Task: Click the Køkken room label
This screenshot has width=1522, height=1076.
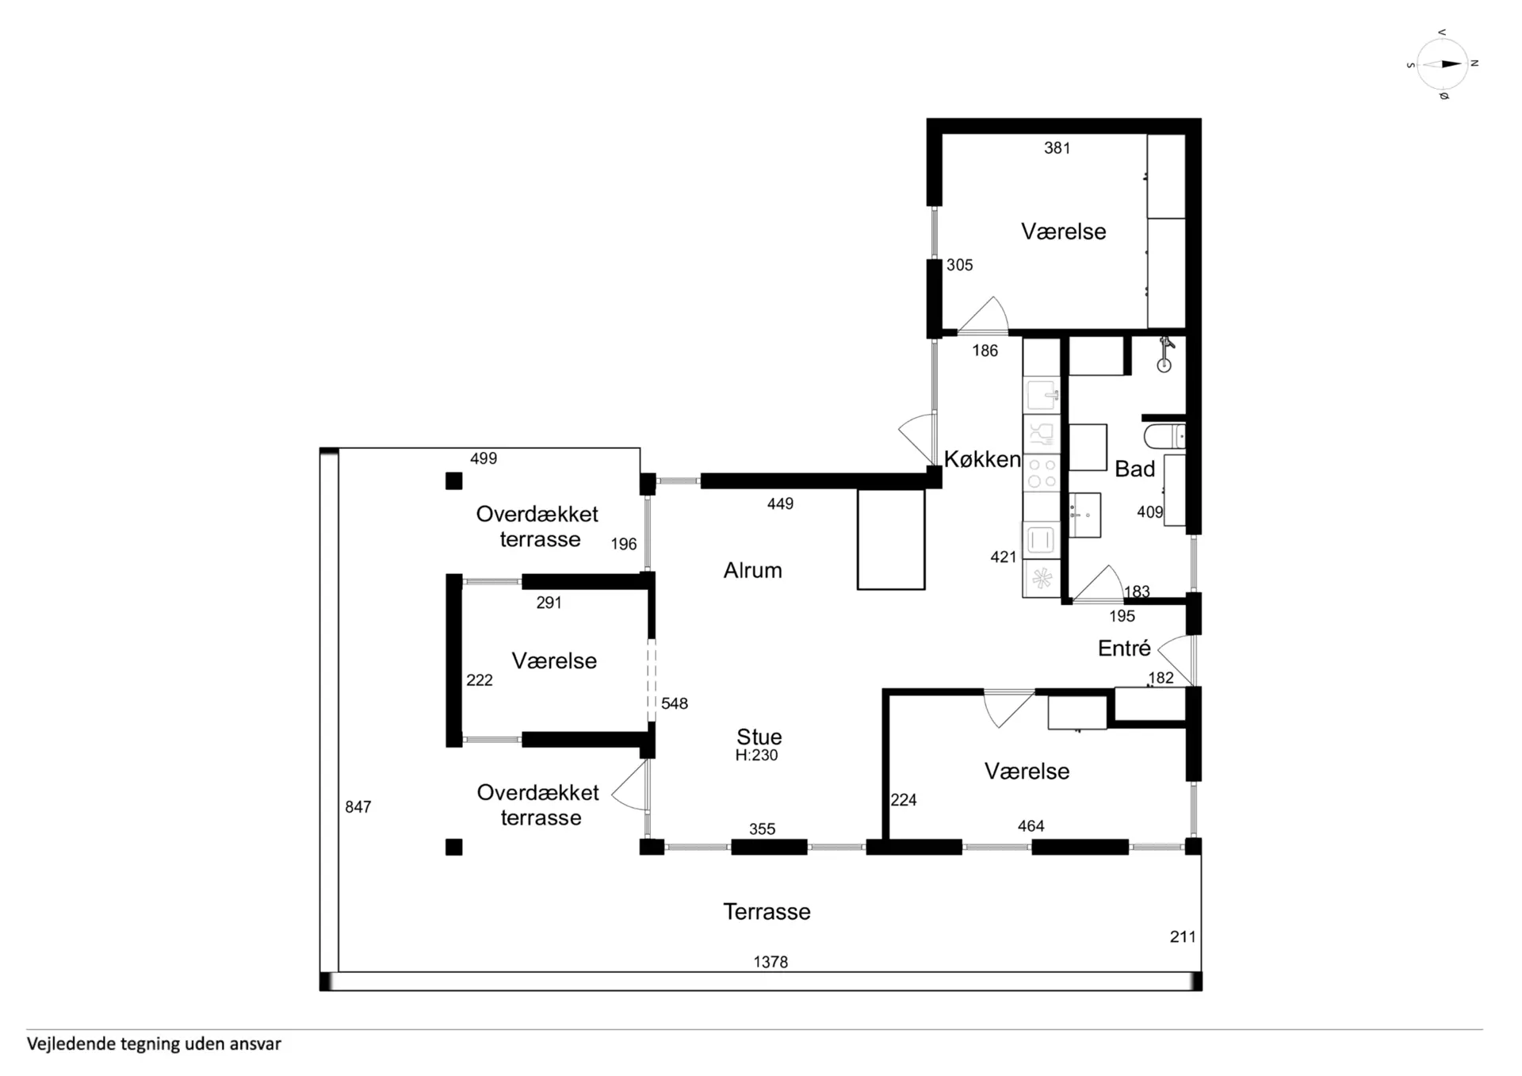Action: [982, 459]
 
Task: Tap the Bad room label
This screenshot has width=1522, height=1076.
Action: [1135, 469]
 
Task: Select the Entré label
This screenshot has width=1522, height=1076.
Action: [1124, 648]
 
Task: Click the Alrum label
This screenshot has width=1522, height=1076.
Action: [752, 570]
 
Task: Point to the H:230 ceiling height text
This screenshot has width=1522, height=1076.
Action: [756, 755]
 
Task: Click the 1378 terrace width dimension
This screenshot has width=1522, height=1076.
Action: [771, 962]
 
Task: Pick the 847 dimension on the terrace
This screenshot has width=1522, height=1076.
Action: [358, 806]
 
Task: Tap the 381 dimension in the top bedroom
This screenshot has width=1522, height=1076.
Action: [1057, 147]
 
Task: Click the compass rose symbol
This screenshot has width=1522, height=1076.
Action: [1442, 64]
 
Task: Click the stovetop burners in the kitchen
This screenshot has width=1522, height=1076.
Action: [1042, 473]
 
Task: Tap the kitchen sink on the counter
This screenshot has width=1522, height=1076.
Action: [1042, 396]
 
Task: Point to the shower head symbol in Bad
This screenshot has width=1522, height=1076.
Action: [1164, 354]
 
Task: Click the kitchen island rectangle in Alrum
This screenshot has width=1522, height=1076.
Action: [891, 539]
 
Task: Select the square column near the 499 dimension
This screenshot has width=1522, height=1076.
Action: [453, 481]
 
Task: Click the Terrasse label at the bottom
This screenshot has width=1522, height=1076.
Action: [767, 912]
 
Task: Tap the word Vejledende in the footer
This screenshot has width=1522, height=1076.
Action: [71, 1044]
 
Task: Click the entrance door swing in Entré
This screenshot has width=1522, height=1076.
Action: [1176, 660]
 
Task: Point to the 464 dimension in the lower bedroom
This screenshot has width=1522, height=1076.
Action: [1031, 825]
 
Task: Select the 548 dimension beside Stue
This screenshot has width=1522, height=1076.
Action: [675, 703]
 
